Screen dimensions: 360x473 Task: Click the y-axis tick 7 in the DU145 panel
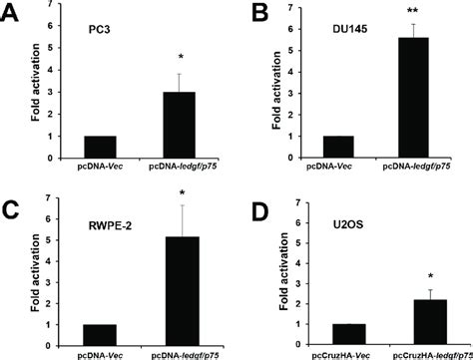click(x=293, y=12)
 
